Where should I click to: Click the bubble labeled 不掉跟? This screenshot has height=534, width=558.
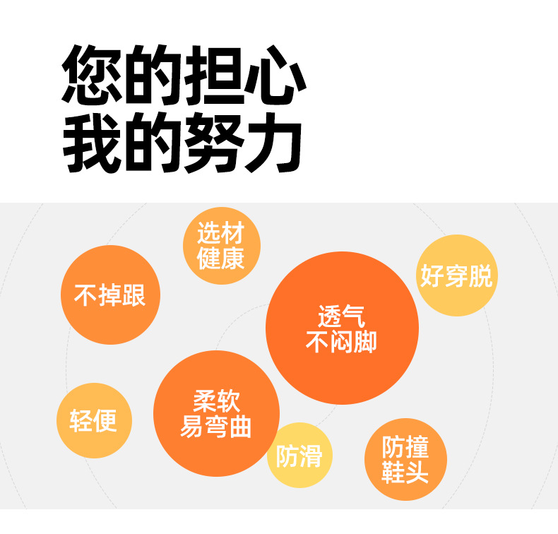point(110,295)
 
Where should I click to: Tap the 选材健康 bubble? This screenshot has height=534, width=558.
point(221,245)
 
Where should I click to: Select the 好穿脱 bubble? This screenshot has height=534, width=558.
point(456,275)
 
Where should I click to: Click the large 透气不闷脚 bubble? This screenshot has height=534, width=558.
point(342,328)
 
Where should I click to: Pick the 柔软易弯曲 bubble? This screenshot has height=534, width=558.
point(216,413)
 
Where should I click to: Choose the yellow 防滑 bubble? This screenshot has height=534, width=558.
point(299,456)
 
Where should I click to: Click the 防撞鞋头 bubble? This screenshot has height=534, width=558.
point(405,459)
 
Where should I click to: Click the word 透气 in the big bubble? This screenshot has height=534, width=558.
point(342,315)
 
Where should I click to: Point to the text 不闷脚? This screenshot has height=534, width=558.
point(342,342)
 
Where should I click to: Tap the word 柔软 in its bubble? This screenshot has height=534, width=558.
point(216,401)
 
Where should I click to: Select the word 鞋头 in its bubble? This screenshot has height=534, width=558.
point(405,472)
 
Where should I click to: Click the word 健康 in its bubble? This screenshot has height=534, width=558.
point(221,259)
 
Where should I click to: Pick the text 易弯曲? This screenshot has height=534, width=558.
point(216,427)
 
